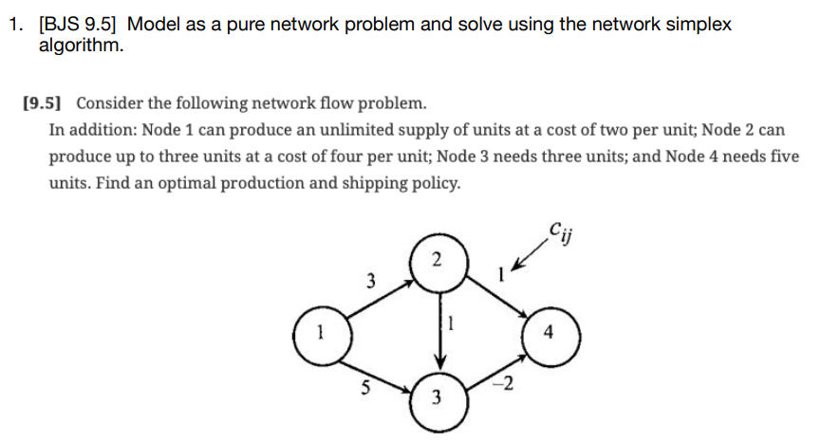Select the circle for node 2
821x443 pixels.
click(436, 260)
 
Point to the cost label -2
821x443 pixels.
click(506, 382)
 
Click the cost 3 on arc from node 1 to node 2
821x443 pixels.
click(370, 281)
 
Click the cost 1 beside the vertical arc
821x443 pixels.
click(452, 323)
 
